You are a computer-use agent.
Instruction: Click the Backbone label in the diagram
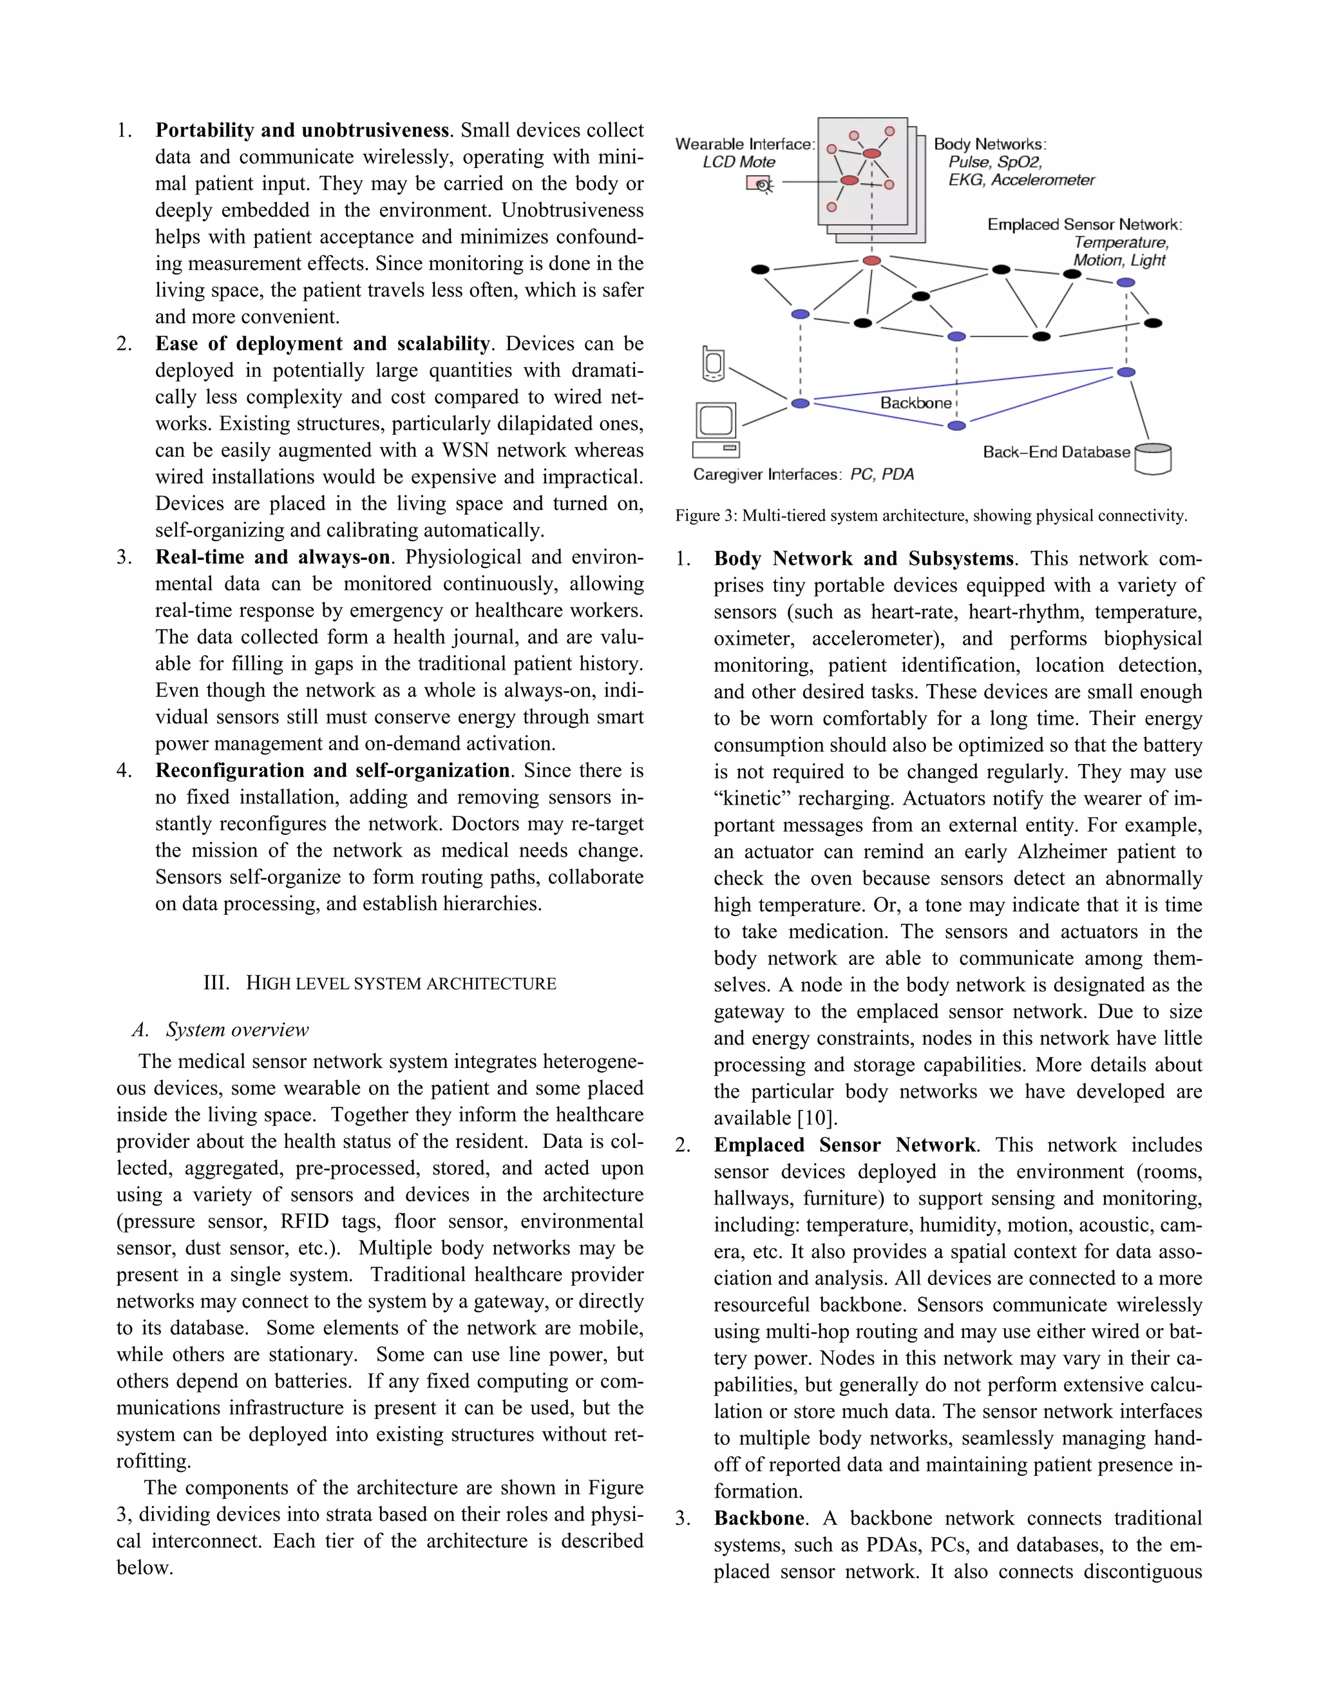tap(916, 403)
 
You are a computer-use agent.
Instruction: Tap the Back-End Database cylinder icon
tap(1153, 459)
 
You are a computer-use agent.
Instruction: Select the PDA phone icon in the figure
tap(713, 363)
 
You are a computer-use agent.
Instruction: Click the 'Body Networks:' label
tap(989, 144)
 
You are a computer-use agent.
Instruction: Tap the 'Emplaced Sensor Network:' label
tap(1085, 224)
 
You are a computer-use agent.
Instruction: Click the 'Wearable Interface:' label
tap(745, 144)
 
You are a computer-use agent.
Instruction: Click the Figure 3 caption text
tap(931, 516)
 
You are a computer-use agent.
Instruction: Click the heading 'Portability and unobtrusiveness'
tap(303, 129)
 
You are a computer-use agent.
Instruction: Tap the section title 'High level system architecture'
tap(380, 983)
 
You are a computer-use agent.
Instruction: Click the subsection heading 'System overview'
tap(237, 1029)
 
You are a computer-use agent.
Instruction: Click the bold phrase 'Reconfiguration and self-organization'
tap(332, 770)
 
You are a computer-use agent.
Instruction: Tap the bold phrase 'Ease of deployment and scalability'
tap(322, 343)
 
